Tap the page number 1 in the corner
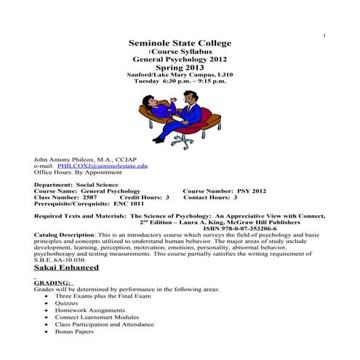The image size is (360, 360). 324,36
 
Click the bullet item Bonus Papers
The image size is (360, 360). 76,331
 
